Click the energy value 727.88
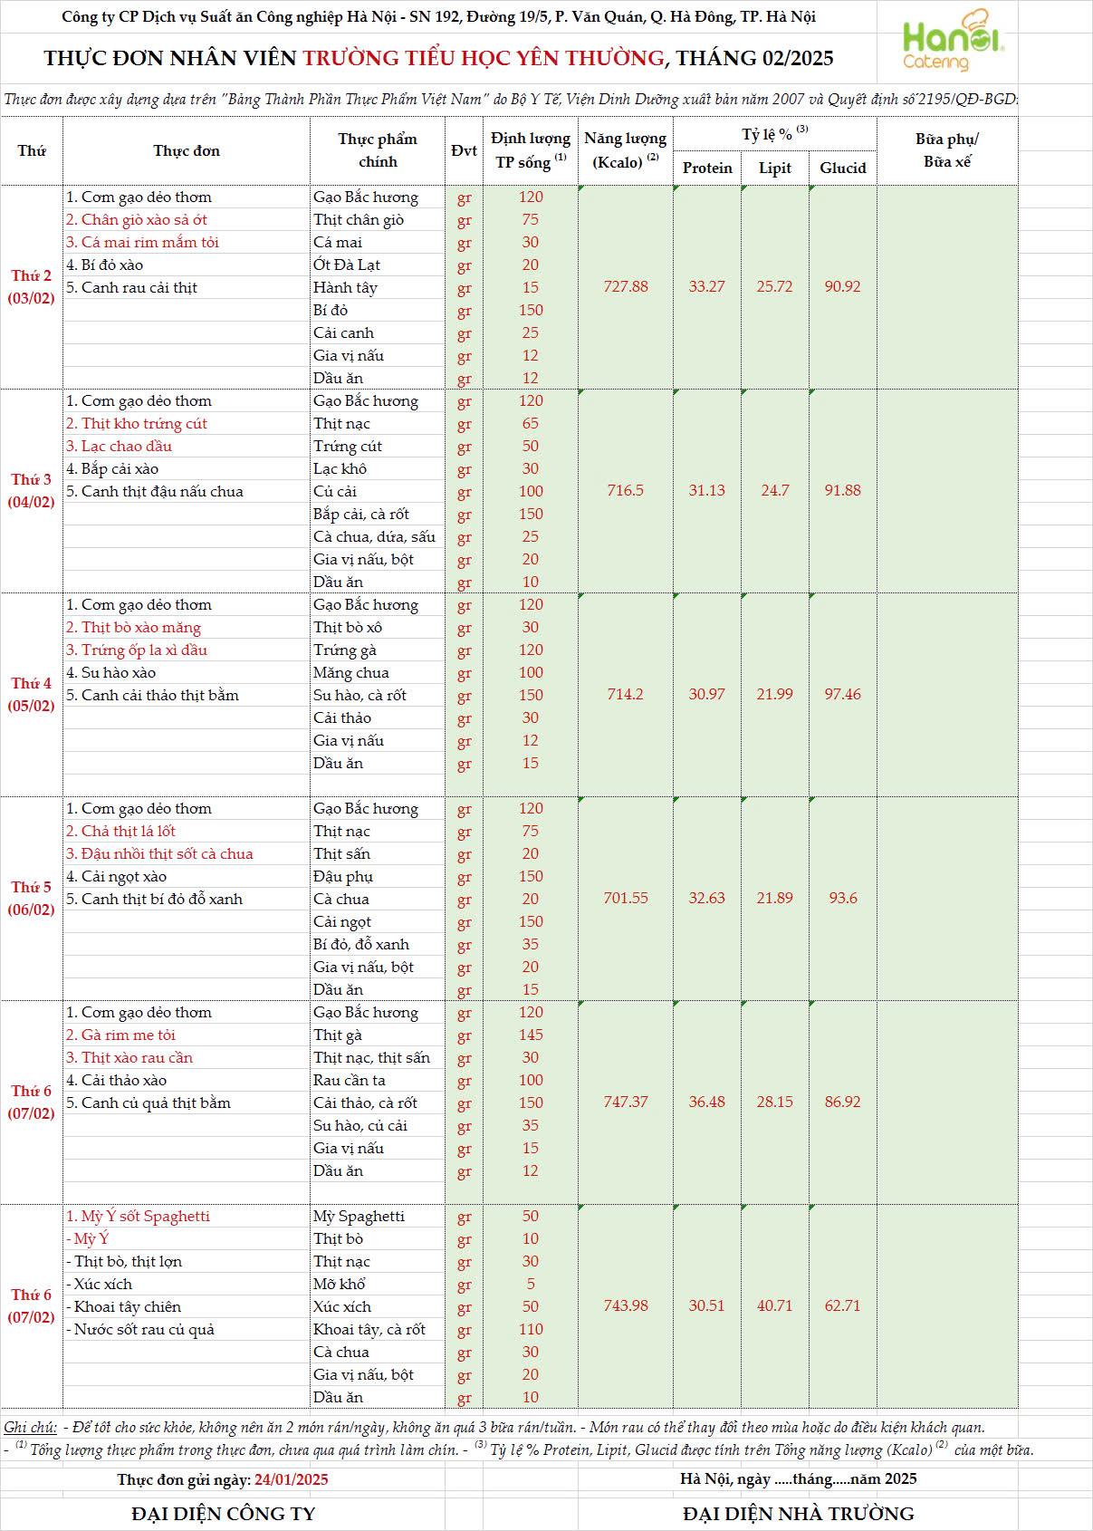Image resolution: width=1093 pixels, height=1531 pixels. tap(626, 286)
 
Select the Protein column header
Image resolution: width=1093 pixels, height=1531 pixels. tap(707, 168)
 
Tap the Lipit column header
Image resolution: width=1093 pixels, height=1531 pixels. tap(774, 168)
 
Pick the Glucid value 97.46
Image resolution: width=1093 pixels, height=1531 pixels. tap(842, 694)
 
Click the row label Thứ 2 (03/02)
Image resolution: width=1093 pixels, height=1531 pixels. tap(31, 286)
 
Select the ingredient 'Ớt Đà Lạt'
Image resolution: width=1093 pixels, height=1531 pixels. tap(347, 265)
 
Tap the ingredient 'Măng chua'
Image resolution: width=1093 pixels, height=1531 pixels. tap(351, 672)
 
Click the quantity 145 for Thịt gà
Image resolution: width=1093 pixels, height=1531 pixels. tap(531, 1035)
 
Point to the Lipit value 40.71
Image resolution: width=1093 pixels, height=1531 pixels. tap(774, 1305)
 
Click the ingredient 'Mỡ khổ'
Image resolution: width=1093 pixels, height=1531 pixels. tap(340, 1284)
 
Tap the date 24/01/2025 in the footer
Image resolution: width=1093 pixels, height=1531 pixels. tap(291, 1479)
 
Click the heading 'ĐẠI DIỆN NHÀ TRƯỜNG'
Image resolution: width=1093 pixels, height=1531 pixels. tap(798, 1514)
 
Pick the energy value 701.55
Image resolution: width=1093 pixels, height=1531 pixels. tap(626, 898)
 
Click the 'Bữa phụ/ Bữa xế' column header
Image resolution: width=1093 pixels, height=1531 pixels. tap(946, 150)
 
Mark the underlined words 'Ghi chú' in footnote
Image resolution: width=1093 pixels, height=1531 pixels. tap(30, 1428)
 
